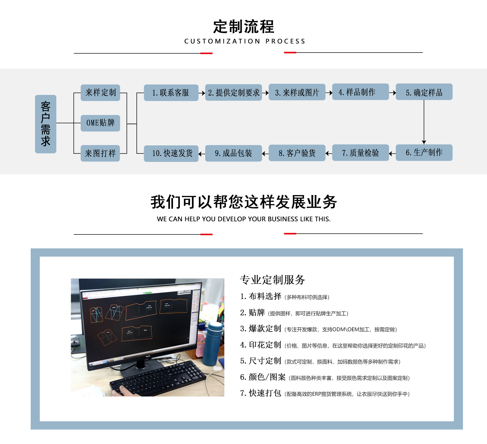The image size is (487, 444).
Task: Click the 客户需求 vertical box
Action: (x=46, y=124)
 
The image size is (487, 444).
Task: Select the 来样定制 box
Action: (x=100, y=93)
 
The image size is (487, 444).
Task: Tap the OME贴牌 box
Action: (x=100, y=123)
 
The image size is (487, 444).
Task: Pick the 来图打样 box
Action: (x=100, y=153)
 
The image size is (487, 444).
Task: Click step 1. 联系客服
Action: (x=171, y=93)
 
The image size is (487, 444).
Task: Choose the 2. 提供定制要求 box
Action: (x=233, y=93)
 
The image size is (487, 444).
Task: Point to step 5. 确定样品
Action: (x=424, y=92)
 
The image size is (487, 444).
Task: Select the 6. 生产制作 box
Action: (x=424, y=153)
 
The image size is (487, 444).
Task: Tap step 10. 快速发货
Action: (x=171, y=153)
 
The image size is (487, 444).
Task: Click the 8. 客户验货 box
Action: (x=297, y=153)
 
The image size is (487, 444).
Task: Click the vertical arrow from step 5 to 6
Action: (x=424, y=122)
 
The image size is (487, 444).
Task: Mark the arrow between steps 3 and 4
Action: (x=329, y=93)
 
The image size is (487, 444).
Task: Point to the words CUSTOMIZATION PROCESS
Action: (x=245, y=41)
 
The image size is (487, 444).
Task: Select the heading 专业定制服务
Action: (x=272, y=280)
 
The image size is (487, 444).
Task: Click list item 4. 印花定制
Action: (x=261, y=345)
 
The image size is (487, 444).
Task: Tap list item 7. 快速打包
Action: (x=261, y=393)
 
